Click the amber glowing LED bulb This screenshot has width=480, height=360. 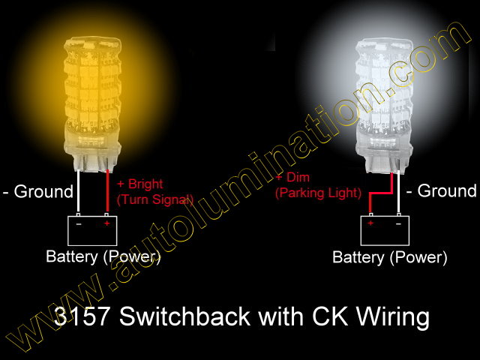(89, 90)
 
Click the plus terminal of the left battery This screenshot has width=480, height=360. (106, 223)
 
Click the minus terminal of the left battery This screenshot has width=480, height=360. (79, 223)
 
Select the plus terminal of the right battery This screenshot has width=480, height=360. (371, 223)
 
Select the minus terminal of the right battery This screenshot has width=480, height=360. (398, 223)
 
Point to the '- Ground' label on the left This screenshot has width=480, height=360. (37, 191)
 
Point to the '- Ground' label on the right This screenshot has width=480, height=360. (442, 190)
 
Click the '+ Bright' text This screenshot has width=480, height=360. (140, 184)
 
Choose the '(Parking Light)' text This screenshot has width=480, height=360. (319, 193)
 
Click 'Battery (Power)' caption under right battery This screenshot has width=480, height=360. (390, 258)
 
